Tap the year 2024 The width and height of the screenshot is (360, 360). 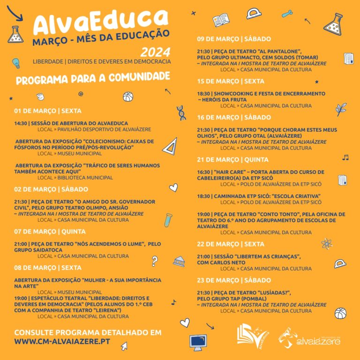(155, 52)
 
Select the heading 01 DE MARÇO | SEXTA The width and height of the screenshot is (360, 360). (48, 111)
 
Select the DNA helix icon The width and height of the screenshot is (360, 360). (181, 112)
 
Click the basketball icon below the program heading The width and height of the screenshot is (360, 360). (128, 97)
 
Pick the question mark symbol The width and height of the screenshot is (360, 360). (154, 261)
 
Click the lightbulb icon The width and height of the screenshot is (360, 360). (16, 63)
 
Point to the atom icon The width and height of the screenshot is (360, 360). (327, 244)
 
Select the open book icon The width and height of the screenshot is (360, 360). (221, 20)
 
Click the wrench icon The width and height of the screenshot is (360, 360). (289, 14)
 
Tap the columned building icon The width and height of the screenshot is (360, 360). (179, 262)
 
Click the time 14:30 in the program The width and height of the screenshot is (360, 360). (21, 124)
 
